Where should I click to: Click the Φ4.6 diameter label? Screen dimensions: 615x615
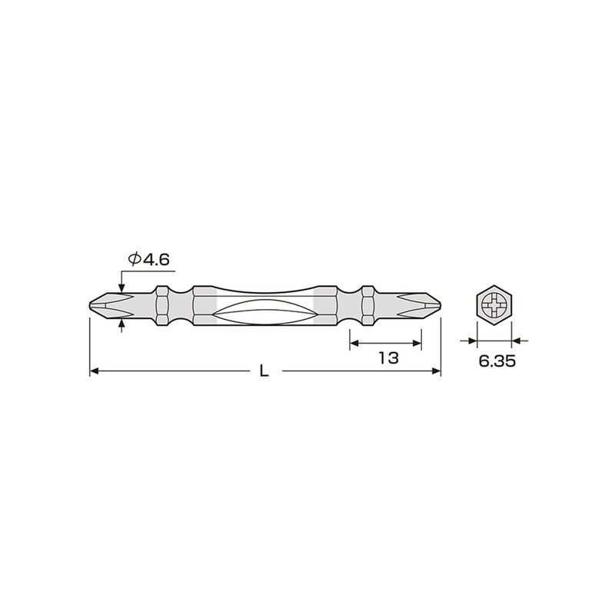point(148,260)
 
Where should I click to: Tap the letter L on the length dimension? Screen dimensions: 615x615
point(264,371)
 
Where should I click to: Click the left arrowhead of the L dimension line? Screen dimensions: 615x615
point(95,371)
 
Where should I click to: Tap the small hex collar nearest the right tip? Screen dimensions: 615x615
point(367,305)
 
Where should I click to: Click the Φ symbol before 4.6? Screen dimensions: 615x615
point(134,260)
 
